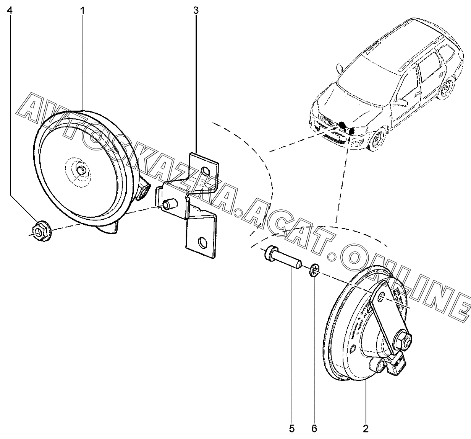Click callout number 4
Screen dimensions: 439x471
(10, 10)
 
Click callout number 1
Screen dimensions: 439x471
(82, 10)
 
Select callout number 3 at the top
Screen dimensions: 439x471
(196, 10)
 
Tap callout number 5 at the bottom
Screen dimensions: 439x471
(292, 429)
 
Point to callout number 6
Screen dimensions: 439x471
(314, 429)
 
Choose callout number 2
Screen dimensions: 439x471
(366, 429)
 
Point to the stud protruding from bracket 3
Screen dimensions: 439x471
(168, 204)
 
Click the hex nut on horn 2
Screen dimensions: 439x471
(403, 339)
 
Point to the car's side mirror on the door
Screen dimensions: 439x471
(400, 102)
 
